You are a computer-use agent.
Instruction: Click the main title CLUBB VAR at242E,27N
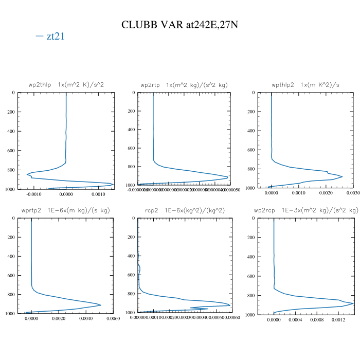(x=179, y=24)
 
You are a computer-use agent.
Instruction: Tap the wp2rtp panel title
(x=184, y=84)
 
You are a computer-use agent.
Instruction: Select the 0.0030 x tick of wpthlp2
(x=353, y=194)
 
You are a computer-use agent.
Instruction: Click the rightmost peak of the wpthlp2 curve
(x=342, y=176)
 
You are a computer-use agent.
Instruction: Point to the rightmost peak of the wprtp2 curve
(x=100, y=305)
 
